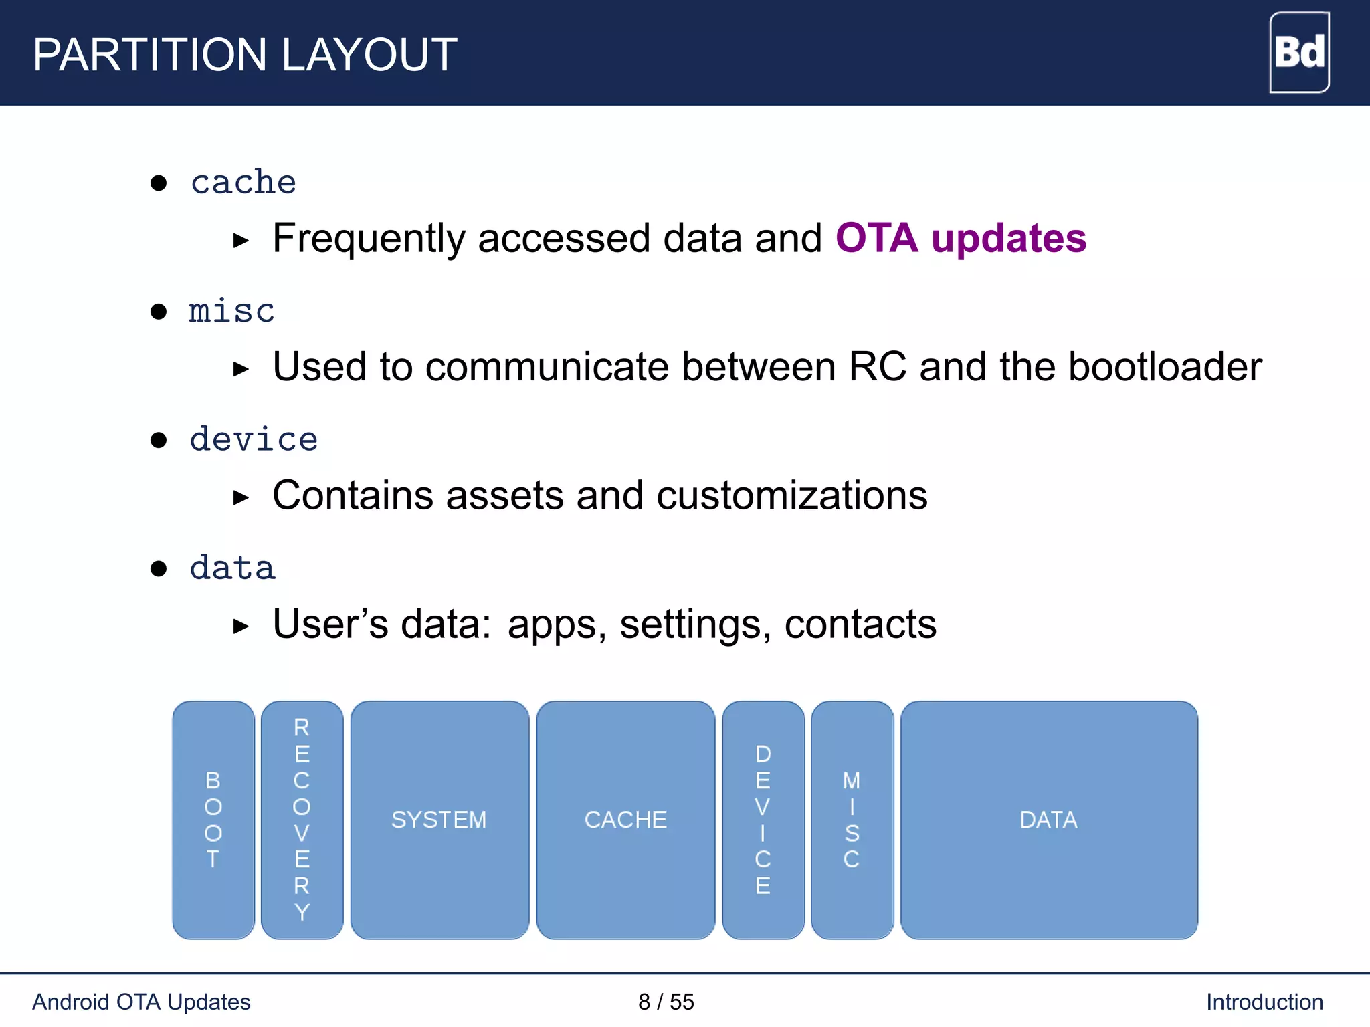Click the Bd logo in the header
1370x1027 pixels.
pyautogui.click(x=1298, y=52)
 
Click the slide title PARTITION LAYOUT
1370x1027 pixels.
pyautogui.click(x=245, y=55)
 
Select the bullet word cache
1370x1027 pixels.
pyautogui.click(x=243, y=183)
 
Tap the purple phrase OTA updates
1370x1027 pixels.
pyautogui.click(x=961, y=238)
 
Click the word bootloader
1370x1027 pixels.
pyautogui.click(x=1165, y=367)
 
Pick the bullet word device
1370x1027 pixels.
pyautogui.click(x=254, y=440)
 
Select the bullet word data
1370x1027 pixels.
pyautogui.click(x=232, y=568)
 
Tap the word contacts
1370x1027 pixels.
pyautogui.click(x=860, y=624)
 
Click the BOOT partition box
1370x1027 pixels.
pyautogui.click(x=213, y=820)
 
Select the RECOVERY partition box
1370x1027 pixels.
pyautogui.click(x=302, y=820)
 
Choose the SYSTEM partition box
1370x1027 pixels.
pyautogui.click(x=439, y=820)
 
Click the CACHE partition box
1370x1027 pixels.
pyautogui.click(x=625, y=820)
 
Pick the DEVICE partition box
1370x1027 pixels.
pyautogui.click(x=763, y=820)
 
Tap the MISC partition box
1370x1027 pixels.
pyautogui.click(x=852, y=820)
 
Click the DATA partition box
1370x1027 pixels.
pyautogui.click(x=1048, y=820)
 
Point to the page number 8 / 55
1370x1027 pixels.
pyautogui.click(x=666, y=1002)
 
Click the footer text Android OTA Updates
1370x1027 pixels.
pyautogui.click(x=141, y=1002)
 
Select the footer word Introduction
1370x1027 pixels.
pyautogui.click(x=1264, y=1002)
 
